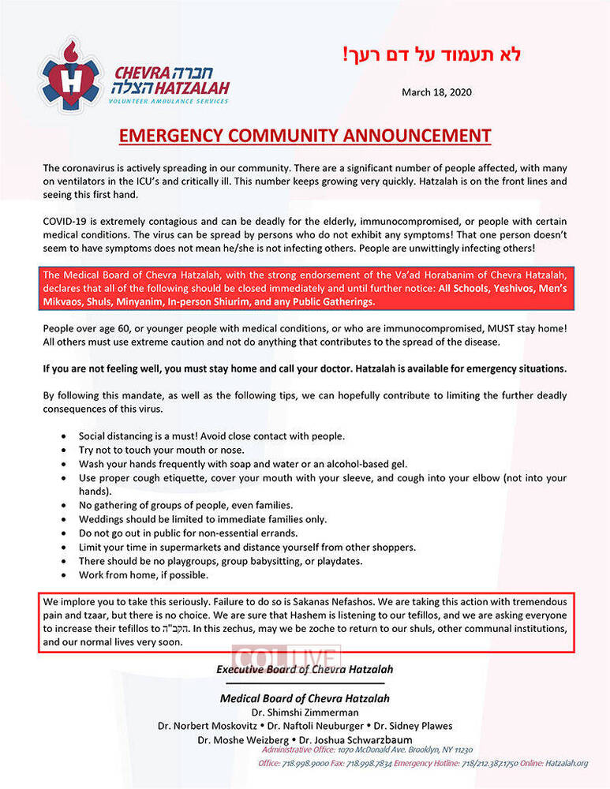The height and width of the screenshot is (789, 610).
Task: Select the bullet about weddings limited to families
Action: (x=203, y=519)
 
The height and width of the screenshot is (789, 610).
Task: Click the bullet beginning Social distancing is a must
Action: (x=211, y=436)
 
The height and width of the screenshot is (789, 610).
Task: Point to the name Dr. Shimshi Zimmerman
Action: (x=304, y=712)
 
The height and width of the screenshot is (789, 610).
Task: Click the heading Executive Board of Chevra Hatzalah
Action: (x=305, y=670)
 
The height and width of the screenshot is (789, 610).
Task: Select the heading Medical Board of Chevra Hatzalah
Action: (x=305, y=698)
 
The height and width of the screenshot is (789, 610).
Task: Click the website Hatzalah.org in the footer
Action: (x=564, y=764)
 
